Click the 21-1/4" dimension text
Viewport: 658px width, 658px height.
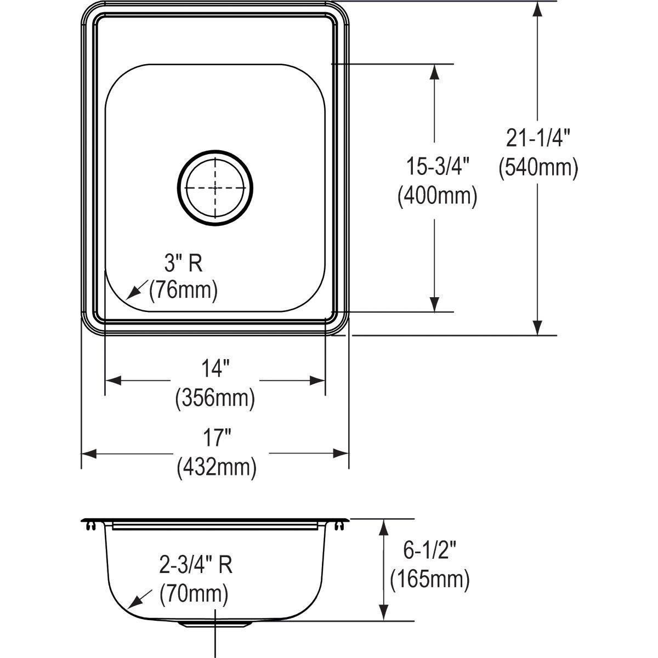tap(538, 139)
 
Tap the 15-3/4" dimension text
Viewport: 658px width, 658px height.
tap(436, 166)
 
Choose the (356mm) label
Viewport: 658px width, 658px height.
tap(214, 398)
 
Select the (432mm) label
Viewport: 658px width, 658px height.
tap(216, 468)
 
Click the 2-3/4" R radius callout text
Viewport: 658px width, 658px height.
tap(196, 565)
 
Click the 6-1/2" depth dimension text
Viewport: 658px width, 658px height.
tap(429, 550)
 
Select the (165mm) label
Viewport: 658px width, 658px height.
tap(429, 580)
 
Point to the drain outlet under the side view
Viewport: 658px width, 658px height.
tap(215, 625)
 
